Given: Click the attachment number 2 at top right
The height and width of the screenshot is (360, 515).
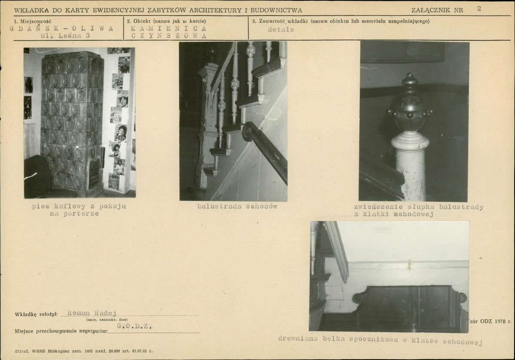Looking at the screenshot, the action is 479,9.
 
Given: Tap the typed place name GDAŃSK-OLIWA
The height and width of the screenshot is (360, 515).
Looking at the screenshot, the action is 62,28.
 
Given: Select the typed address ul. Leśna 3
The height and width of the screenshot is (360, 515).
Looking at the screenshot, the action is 65,36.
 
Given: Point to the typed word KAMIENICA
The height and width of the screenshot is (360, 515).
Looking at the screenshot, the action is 169,28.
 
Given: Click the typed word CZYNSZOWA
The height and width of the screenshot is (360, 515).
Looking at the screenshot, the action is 169,36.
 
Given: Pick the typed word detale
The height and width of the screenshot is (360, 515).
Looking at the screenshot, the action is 281,30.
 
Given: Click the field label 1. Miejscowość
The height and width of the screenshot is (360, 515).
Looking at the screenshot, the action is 33,21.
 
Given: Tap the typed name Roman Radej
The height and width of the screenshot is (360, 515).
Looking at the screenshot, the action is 92,313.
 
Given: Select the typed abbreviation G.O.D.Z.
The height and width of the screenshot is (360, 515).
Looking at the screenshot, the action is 135,326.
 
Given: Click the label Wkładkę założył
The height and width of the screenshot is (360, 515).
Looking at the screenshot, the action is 37,314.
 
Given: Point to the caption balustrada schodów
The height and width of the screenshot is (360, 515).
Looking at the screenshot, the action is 237,206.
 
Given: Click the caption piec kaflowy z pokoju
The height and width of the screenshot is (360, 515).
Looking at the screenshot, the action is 79,206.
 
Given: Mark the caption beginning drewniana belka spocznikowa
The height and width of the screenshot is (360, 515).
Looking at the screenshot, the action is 380,340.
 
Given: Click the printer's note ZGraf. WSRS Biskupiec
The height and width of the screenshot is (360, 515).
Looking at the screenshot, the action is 84,351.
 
